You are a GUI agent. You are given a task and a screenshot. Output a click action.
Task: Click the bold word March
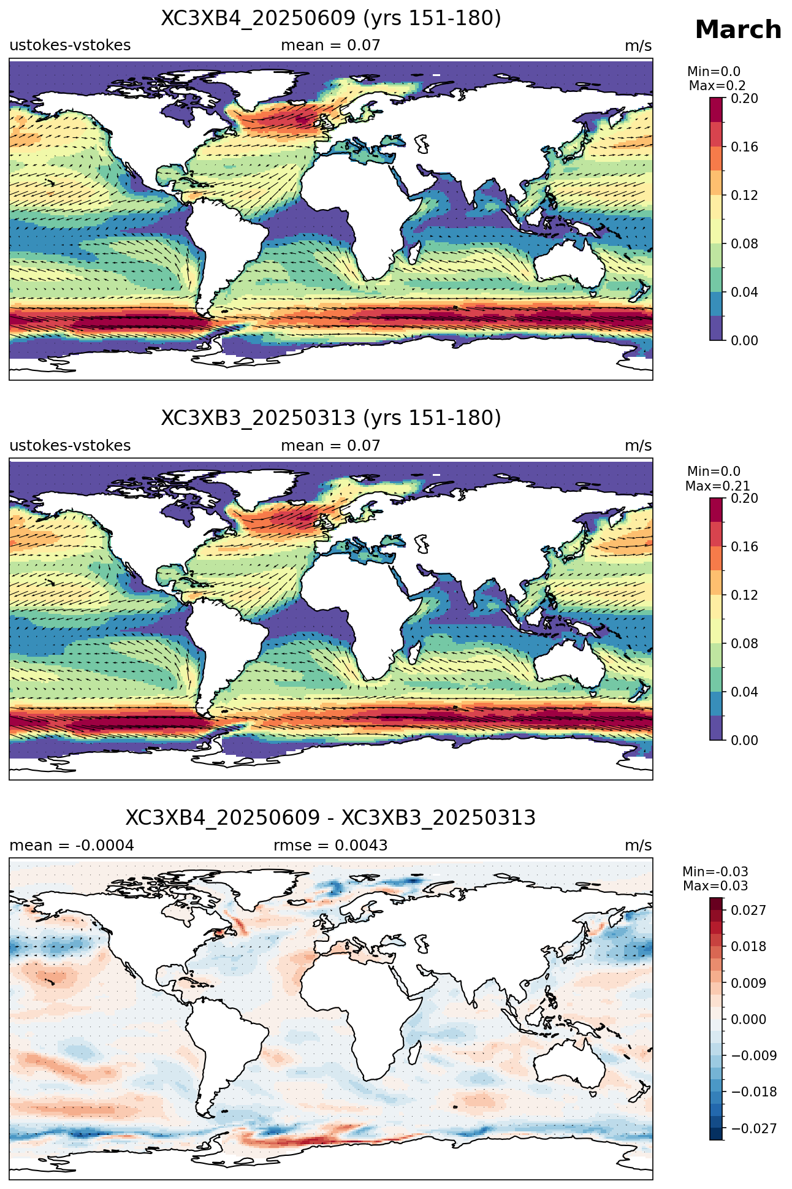tap(738, 29)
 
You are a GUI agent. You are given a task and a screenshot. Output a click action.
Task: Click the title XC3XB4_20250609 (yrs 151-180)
tap(331, 18)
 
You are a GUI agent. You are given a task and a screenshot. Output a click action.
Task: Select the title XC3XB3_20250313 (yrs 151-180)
tap(331, 418)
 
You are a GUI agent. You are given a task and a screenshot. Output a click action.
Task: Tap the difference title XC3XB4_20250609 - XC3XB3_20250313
tap(331, 818)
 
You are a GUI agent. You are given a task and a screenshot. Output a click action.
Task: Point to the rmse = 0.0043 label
tap(330, 846)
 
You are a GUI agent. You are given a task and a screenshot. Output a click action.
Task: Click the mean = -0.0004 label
tap(72, 846)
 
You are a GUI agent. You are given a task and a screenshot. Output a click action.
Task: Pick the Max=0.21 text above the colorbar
tap(717, 486)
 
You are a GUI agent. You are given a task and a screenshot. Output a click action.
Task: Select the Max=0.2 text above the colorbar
tap(717, 86)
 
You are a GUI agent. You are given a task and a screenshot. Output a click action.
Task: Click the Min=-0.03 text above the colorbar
tap(715, 872)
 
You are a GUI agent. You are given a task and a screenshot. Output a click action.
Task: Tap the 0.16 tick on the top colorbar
tap(744, 147)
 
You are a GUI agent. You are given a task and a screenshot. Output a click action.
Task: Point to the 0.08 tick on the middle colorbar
tap(744, 643)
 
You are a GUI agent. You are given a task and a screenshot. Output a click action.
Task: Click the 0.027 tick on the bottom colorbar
tap(748, 911)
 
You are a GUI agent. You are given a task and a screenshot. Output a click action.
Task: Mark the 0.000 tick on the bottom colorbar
tap(748, 1019)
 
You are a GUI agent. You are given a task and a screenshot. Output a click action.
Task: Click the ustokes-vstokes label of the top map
tap(70, 45)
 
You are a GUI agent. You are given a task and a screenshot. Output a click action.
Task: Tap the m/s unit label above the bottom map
tap(638, 846)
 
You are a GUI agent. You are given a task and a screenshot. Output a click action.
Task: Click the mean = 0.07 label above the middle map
tap(330, 446)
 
